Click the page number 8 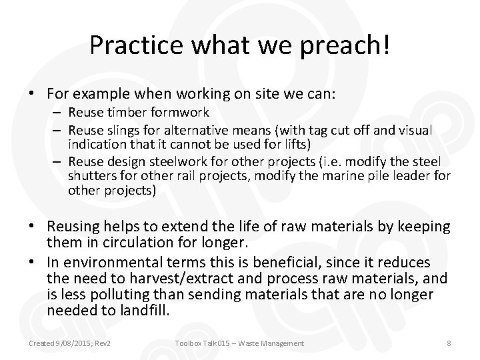click(448, 343)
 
